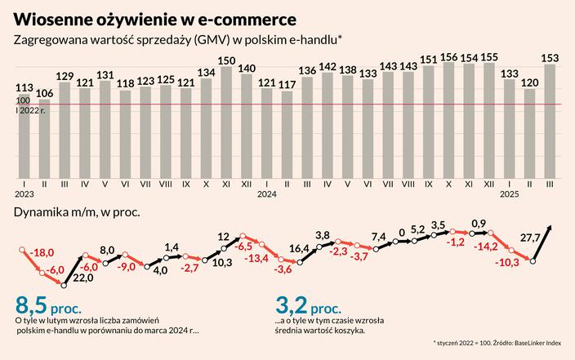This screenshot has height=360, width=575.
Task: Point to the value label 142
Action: (328, 66)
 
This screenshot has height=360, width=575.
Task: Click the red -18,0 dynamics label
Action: (42, 253)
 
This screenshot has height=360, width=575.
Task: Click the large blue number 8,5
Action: (39, 306)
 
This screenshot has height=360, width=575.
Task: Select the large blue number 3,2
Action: (292, 306)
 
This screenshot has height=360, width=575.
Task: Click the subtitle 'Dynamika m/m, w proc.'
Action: (77, 212)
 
